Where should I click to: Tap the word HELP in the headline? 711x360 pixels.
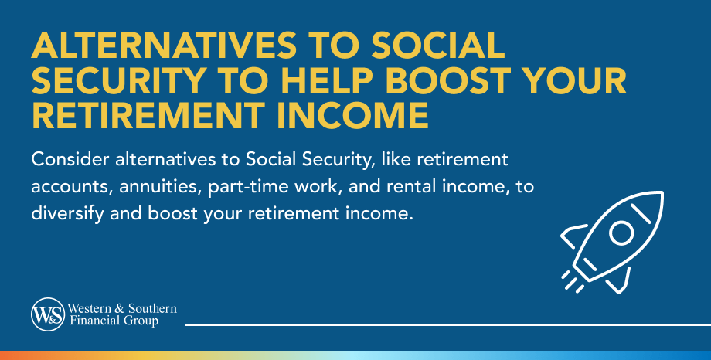click(326, 80)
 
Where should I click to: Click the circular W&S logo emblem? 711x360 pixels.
click(48, 314)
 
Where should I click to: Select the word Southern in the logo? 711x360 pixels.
click(152, 309)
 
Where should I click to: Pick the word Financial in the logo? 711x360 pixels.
click(90, 321)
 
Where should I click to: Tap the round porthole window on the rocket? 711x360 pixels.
click(621, 233)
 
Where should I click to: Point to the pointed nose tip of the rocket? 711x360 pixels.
click(662, 192)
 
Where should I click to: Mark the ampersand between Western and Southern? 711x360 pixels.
click(120, 309)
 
